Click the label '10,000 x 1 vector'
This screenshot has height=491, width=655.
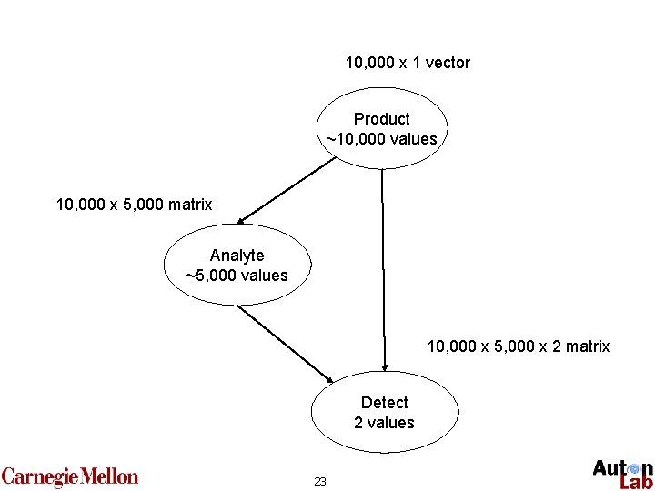(408, 63)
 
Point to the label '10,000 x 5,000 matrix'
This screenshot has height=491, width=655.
(134, 205)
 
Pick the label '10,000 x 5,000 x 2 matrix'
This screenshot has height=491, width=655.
(519, 346)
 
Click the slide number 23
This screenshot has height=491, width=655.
(319, 481)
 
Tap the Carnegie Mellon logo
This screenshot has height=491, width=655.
(70, 476)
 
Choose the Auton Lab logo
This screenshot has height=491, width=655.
(622, 474)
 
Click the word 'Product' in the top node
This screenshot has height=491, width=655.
(382, 119)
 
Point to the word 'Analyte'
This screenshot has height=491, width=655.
(237, 256)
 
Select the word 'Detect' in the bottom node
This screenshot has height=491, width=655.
(384, 403)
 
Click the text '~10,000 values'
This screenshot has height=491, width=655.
(382, 139)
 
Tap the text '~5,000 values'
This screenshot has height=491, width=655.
(237, 275)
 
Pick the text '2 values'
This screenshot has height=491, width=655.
(384, 423)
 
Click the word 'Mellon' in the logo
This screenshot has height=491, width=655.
(109, 476)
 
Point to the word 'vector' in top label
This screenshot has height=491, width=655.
(449, 63)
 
